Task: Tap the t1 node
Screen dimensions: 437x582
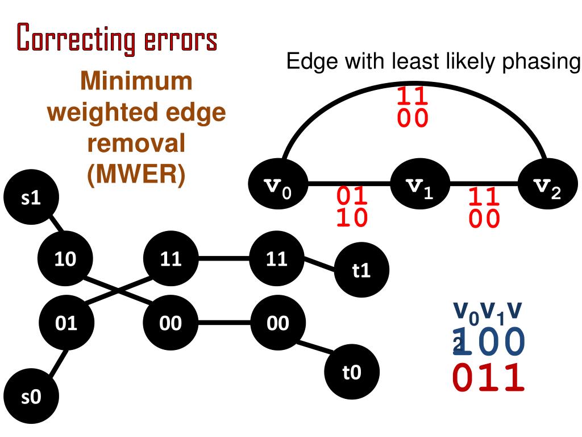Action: coord(361,270)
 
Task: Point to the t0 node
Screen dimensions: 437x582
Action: coord(352,373)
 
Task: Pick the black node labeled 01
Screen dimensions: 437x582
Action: coord(65,323)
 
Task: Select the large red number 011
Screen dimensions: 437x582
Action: coord(488,378)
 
